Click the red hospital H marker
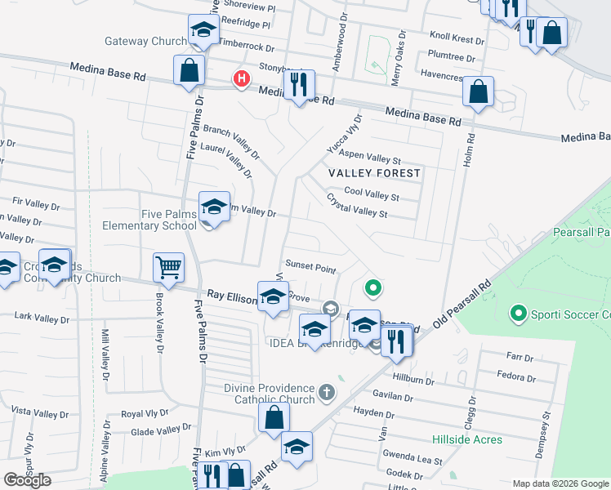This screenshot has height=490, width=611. tap(241, 79)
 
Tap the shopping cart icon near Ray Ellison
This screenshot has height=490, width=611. tap(168, 266)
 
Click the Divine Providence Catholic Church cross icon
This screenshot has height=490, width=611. tap(326, 393)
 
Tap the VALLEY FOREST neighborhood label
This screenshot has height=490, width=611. tap(374, 173)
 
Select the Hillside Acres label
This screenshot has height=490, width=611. tap(467, 439)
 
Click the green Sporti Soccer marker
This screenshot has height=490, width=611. tap(517, 313)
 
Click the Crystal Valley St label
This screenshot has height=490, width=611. tap(357, 205)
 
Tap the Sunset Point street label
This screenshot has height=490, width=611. tap(310, 268)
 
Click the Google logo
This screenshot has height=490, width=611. tap(27, 480)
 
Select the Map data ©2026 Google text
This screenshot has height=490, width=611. tap(560, 483)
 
